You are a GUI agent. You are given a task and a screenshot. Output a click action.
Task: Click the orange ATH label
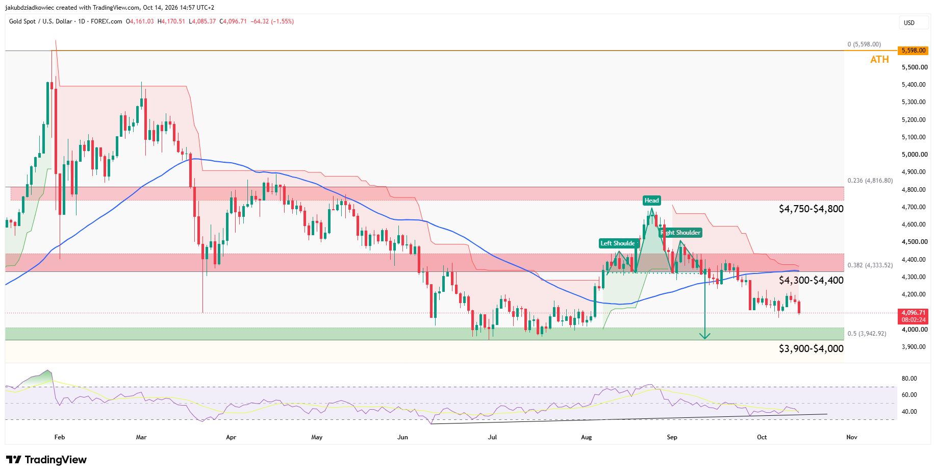click(x=879, y=60)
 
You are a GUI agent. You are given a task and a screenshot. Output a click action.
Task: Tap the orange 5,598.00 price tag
click(x=913, y=51)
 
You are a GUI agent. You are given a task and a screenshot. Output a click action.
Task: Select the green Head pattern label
click(x=651, y=201)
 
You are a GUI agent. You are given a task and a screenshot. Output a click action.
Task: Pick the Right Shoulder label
click(x=681, y=233)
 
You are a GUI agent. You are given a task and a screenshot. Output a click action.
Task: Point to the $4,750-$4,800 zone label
click(x=811, y=209)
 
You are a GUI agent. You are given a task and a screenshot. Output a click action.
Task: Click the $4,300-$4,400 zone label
click(x=811, y=280)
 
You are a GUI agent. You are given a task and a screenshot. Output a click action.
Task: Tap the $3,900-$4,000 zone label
click(x=811, y=348)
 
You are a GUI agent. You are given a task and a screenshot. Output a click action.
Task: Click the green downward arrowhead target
click(x=704, y=336)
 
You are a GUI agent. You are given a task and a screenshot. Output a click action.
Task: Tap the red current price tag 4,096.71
click(x=913, y=316)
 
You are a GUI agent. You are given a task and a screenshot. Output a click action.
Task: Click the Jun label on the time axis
click(x=403, y=437)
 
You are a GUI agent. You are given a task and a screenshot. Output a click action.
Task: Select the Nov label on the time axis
click(x=851, y=437)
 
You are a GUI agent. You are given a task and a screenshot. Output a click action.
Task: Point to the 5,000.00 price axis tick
click(x=914, y=155)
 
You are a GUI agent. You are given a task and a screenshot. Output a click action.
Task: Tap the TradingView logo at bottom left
click(x=46, y=460)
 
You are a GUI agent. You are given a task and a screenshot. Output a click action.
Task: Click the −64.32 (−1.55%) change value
click(x=272, y=21)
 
